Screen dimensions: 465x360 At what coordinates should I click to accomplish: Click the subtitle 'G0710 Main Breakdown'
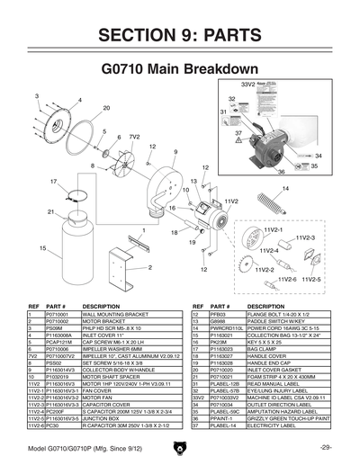[x=180, y=68]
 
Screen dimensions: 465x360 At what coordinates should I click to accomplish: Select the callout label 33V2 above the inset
[x=249, y=84]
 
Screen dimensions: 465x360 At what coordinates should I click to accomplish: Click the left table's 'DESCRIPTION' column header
[x=101, y=307]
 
